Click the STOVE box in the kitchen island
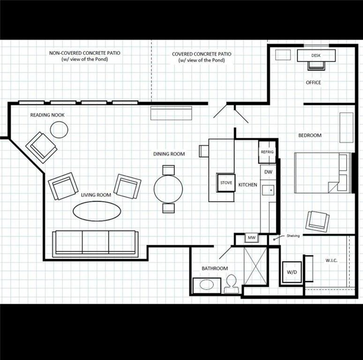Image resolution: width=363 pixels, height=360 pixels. pos(226,183)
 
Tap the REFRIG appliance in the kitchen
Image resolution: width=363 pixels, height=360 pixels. pos(267,152)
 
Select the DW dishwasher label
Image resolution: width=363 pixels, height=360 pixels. pos(268,172)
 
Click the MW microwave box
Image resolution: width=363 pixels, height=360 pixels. pos(252,238)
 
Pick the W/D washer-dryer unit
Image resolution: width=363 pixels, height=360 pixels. pos(292,272)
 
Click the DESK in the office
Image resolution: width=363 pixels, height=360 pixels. pos(316,55)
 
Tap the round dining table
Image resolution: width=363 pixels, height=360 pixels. pos(168,189)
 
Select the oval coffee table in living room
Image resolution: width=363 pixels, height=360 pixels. pos(97,211)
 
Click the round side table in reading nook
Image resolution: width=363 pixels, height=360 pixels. pos(59,129)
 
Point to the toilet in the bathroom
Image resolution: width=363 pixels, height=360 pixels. pos(231,284)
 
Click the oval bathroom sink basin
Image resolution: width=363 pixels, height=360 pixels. pos(206,285)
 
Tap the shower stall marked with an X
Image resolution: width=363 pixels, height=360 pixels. pos(255,266)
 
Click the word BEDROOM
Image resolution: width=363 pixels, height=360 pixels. pos(310,135)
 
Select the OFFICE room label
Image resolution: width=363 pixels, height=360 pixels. pos(313,82)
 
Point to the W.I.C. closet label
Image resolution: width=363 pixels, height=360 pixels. pos(331,261)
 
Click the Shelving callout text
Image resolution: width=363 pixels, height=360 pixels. pos(293,236)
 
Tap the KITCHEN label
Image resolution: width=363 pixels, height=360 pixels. pos(248,185)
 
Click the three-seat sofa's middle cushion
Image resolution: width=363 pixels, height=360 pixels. pos(95,241)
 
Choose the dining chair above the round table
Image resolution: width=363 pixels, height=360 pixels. pos(168,170)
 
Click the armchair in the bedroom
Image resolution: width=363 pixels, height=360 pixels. pos(318,221)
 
